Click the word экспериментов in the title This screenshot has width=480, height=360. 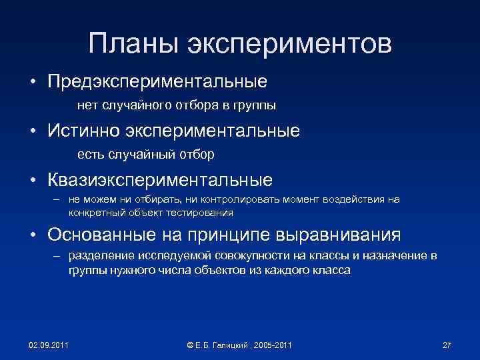coord(289,45)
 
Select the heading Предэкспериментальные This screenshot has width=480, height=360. coord(157,82)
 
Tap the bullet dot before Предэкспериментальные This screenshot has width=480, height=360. coord(32,83)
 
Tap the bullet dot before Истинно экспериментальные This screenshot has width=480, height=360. coord(32,131)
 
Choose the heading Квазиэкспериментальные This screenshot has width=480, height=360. coord(159,180)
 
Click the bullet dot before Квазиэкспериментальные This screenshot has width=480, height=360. coord(32,181)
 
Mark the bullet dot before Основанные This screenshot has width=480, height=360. coord(32,235)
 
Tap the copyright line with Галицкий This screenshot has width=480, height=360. coord(240,344)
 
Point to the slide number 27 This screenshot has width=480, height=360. coord(447,344)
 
